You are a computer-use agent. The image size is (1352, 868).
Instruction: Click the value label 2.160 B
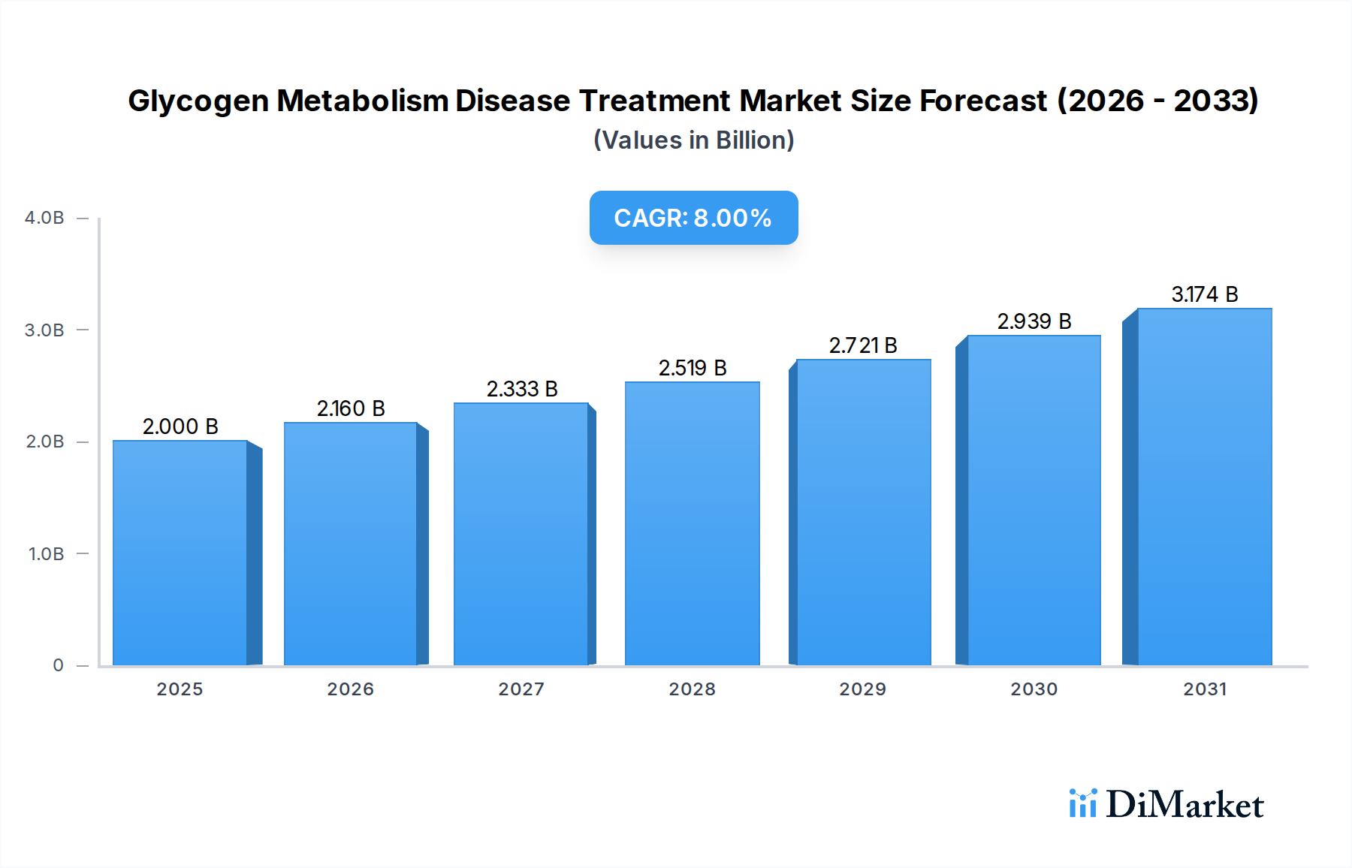coord(351,408)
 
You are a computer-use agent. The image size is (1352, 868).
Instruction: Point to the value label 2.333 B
coord(522,389)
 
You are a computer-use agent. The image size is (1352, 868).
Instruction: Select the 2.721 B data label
coord(863,345)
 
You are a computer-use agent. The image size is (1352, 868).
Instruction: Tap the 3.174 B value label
coord(1204,294)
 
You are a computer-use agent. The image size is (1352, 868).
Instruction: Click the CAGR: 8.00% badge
coord(693,218)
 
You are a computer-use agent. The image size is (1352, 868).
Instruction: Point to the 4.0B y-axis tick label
coord(44,218)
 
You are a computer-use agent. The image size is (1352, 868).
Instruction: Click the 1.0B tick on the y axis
coord(46,554)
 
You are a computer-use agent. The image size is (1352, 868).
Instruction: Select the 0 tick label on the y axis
coord(58,665)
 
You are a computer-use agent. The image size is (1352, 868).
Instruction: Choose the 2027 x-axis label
coord(521,689)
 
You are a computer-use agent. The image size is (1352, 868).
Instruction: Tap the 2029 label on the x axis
coord(862,689)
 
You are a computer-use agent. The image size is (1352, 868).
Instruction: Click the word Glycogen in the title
coord(198,101)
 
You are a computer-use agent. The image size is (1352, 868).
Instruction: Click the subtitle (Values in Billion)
coord(693,140)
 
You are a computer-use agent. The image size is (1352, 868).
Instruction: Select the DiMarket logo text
coord(1184,805)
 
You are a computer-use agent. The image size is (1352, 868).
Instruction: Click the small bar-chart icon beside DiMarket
coord(1082,803)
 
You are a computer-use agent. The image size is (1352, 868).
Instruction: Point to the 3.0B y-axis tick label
coord(44,330)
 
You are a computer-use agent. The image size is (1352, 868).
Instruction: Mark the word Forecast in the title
coord(983,101)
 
